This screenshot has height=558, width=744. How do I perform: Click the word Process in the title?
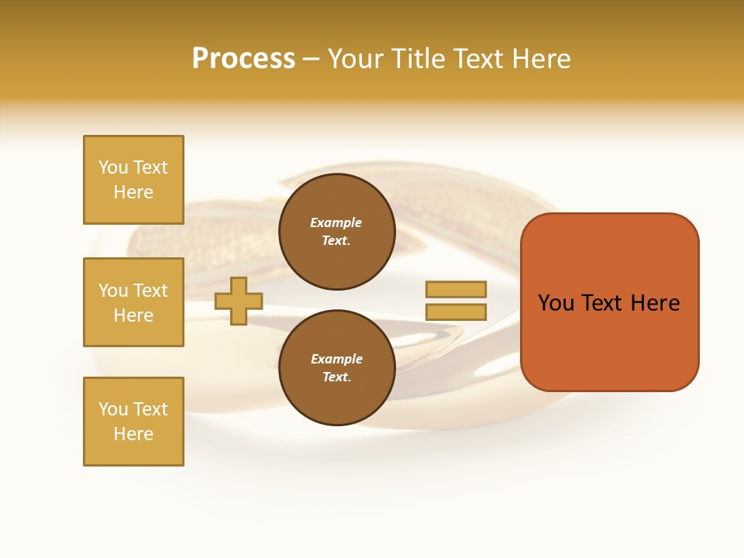coord(243,59)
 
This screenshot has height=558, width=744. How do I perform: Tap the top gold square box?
coord(133,180)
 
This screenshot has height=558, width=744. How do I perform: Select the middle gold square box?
coord(133,302)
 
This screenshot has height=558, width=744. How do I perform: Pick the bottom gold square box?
coord(133,422)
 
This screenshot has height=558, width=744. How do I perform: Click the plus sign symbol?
coord(239,301)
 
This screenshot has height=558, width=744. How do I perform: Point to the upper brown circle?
coord(336,232)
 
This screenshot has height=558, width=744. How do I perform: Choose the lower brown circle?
coord(336,368)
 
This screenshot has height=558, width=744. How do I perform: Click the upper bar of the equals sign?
coord(456,289)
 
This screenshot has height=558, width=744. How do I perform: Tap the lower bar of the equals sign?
coord(456,312)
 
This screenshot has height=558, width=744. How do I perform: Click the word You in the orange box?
coord(556,303)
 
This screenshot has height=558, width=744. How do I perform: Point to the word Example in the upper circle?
coord(336,222)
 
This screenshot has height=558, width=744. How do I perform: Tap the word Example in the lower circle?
coord(336,359)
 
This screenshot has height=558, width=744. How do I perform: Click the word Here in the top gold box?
coord(133,192)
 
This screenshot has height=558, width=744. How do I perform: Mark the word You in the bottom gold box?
coord(113,409)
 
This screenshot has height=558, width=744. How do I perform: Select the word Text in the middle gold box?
coord(150,291)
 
